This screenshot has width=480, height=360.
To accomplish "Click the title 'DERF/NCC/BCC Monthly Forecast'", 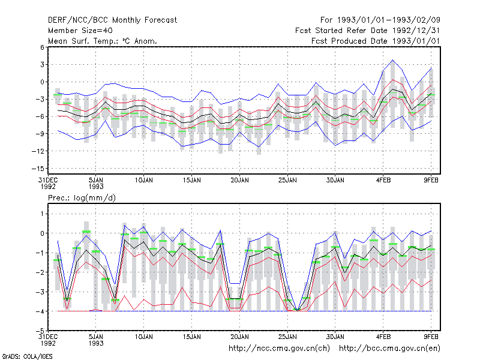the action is [112, 20].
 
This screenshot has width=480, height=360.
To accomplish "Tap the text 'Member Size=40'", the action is [80, 31].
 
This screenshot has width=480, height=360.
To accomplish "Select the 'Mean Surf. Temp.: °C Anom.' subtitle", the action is [103, 41].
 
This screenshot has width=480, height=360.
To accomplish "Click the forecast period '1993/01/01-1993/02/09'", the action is [388, 20].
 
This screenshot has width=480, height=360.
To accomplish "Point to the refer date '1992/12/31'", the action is [416, 31].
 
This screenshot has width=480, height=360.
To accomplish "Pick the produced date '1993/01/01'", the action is [416, 41].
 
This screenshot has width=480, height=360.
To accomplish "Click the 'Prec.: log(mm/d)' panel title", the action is [82, 198].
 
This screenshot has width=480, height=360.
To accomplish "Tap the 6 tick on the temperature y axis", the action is [42, 47].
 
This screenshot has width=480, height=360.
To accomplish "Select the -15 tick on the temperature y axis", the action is [38, 169].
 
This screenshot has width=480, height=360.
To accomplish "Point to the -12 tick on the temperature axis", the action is [38, 151].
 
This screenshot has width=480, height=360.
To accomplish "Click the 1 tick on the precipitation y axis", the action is [42, 214].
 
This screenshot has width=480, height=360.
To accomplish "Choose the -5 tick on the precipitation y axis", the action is [40, 331].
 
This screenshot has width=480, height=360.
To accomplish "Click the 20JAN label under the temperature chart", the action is [239, 181].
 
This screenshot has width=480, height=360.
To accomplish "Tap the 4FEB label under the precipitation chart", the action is [383, 337].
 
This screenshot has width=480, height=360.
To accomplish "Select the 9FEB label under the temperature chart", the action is [431, 181].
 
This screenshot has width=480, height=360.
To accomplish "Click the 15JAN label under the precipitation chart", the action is [192, 337].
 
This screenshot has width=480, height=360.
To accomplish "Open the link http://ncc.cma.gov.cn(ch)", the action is [279, 349].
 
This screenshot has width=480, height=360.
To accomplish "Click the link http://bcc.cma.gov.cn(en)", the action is [389, 349].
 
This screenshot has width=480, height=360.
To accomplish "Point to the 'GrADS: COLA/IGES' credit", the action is [27, 356].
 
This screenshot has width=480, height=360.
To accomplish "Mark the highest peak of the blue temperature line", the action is [393, 60].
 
